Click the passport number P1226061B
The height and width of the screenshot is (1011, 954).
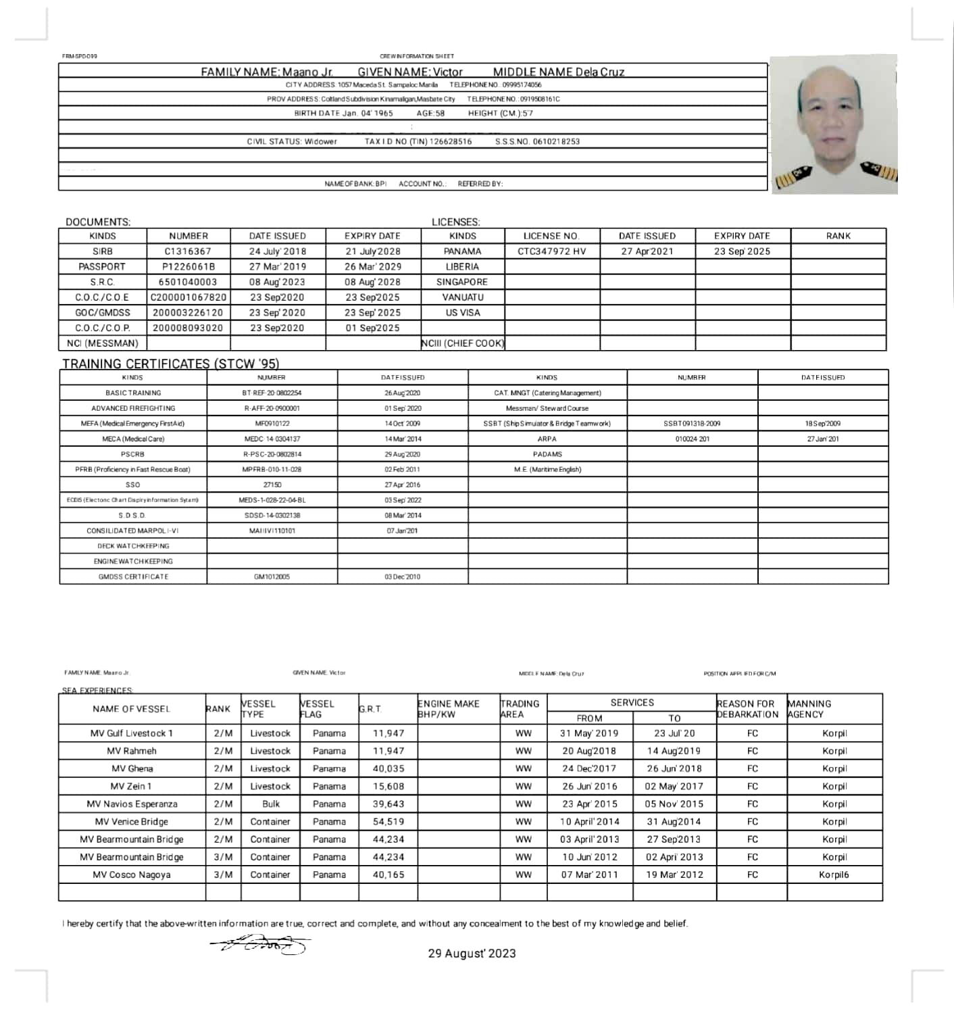[189, 266]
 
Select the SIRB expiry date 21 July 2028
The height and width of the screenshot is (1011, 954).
[372, 251]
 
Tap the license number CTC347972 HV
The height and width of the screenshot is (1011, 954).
[551, 251]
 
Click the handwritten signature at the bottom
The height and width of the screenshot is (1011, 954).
[260, 943]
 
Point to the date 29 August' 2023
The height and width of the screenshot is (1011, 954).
[472, 953]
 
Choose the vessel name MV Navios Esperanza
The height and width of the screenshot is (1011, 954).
[132, 804]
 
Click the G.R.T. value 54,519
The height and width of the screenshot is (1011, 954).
[388, 822]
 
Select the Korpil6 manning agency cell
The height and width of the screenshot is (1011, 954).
[834, 874]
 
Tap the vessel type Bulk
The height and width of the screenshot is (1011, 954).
[270, 804]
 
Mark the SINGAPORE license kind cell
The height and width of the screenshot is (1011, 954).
[462, 282]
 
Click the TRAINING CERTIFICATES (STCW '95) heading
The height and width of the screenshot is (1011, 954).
[171, 364]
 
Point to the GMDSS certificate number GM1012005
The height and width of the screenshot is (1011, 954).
[272, 576]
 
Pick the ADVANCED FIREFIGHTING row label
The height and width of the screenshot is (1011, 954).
[133, 408]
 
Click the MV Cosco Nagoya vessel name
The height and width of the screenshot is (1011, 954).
[132, 874]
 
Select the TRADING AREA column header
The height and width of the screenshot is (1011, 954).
[520, 709]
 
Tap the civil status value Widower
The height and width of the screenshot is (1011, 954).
[320, 141]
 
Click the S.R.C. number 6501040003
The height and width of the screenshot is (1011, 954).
[189, 282]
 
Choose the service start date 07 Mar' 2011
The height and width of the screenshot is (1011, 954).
[590, 874]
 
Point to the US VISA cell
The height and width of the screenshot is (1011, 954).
[462, 312]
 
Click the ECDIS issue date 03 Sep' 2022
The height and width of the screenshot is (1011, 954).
[403, 500]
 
